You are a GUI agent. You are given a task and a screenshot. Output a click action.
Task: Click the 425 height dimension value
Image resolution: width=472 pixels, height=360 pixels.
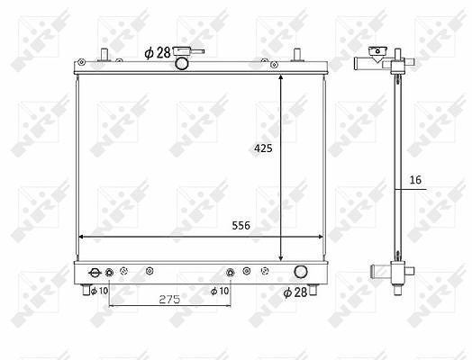pyautogui.click(x=263, y=148)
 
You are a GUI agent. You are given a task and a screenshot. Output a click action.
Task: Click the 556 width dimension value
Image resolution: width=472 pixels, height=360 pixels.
pyautogui.click(x=241, y=225)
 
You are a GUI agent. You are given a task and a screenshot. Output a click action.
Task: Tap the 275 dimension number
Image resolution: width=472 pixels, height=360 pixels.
pyautogui.click(x=169, y=299)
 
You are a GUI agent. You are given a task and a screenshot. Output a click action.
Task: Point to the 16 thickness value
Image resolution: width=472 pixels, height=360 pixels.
pyautogui.click(x=415, y=180)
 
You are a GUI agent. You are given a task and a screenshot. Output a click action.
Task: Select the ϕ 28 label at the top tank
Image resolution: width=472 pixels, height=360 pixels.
pyautogui.click(x=158, y=53)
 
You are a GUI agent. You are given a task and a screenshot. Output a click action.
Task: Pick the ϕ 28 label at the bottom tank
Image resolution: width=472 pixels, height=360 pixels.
pyautogui.click(x=295, y=292)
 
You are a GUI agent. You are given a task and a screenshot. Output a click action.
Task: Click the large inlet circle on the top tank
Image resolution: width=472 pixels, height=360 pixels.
pyautogui.click(x=182, y=63)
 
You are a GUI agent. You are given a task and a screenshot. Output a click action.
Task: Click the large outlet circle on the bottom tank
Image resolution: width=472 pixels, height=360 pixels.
pyautogui.click(x=301, y=272)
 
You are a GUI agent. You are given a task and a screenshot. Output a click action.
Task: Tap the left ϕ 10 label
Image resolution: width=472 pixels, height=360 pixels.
pyautogui.click(x=99, y=291)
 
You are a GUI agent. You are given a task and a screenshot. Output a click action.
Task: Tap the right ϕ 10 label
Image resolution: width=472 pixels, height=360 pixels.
pyautogui.click(x=220, y=291)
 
